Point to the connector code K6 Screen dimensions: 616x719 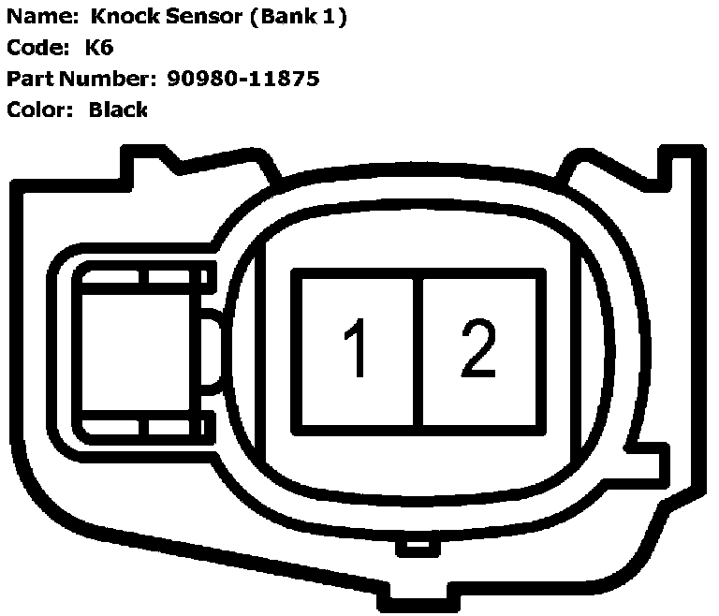pos(99,48)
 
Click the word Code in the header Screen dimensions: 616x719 pos(33,48)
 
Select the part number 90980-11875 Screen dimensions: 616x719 pos(243,79)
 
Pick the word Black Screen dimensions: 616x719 pos(118,110)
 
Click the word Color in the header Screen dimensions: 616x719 pos(37,110)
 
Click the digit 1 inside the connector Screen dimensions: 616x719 pos(354,347)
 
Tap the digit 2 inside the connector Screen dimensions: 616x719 pos(478,347)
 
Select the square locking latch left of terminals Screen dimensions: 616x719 pos(140,348)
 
